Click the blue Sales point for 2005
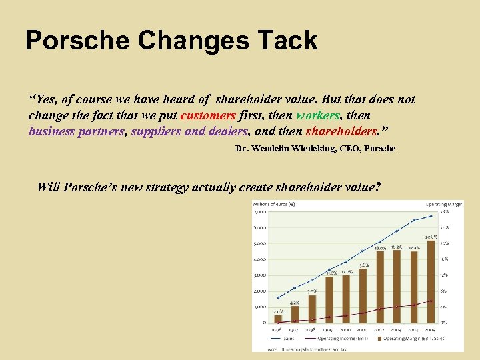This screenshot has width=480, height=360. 431,216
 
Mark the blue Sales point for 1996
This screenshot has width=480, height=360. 277,298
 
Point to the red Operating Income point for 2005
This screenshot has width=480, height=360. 431,301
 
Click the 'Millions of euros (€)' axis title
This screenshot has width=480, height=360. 273,204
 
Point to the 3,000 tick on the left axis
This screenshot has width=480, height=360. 259,275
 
